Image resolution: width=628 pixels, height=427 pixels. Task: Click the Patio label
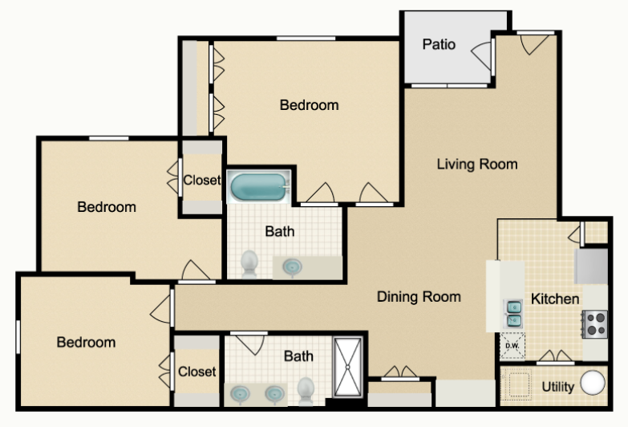(x=439, y=44)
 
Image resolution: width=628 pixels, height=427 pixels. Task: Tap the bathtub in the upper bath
(x=259, y=187)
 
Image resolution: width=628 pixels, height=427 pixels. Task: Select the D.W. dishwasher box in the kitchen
(x=513, y=346)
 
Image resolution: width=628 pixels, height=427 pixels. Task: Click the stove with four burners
(x=595, y=324)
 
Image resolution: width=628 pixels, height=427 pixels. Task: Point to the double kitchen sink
(x=513, y=314)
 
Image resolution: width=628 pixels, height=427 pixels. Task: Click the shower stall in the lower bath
(x=347, y=367)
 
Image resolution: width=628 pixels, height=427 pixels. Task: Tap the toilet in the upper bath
(x=249, y=263)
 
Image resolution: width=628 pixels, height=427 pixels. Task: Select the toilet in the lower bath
(x=306, y=391)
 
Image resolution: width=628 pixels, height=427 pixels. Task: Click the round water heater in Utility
(x=593, y=383)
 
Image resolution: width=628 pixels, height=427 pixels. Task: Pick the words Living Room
(x=477, y=164)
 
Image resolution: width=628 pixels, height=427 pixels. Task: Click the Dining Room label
(x=419, y=297)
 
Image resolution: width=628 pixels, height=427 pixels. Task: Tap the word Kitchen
(x=555, y=299)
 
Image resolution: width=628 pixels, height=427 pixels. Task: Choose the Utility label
(x=558, y=387)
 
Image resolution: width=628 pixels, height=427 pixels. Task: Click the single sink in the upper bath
(x=293, y=266)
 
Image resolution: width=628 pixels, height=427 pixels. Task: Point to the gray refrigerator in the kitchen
(x=591, y=266)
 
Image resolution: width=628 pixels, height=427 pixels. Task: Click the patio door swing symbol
(x=481, y=56)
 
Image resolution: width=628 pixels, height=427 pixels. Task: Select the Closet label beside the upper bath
(x=202, y=180)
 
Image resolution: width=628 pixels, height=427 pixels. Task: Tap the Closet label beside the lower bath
(x=197, y=372)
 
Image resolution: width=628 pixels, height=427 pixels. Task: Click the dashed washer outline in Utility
(x=517, y=384)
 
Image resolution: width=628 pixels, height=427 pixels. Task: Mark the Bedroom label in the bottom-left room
(x=86, y=342)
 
